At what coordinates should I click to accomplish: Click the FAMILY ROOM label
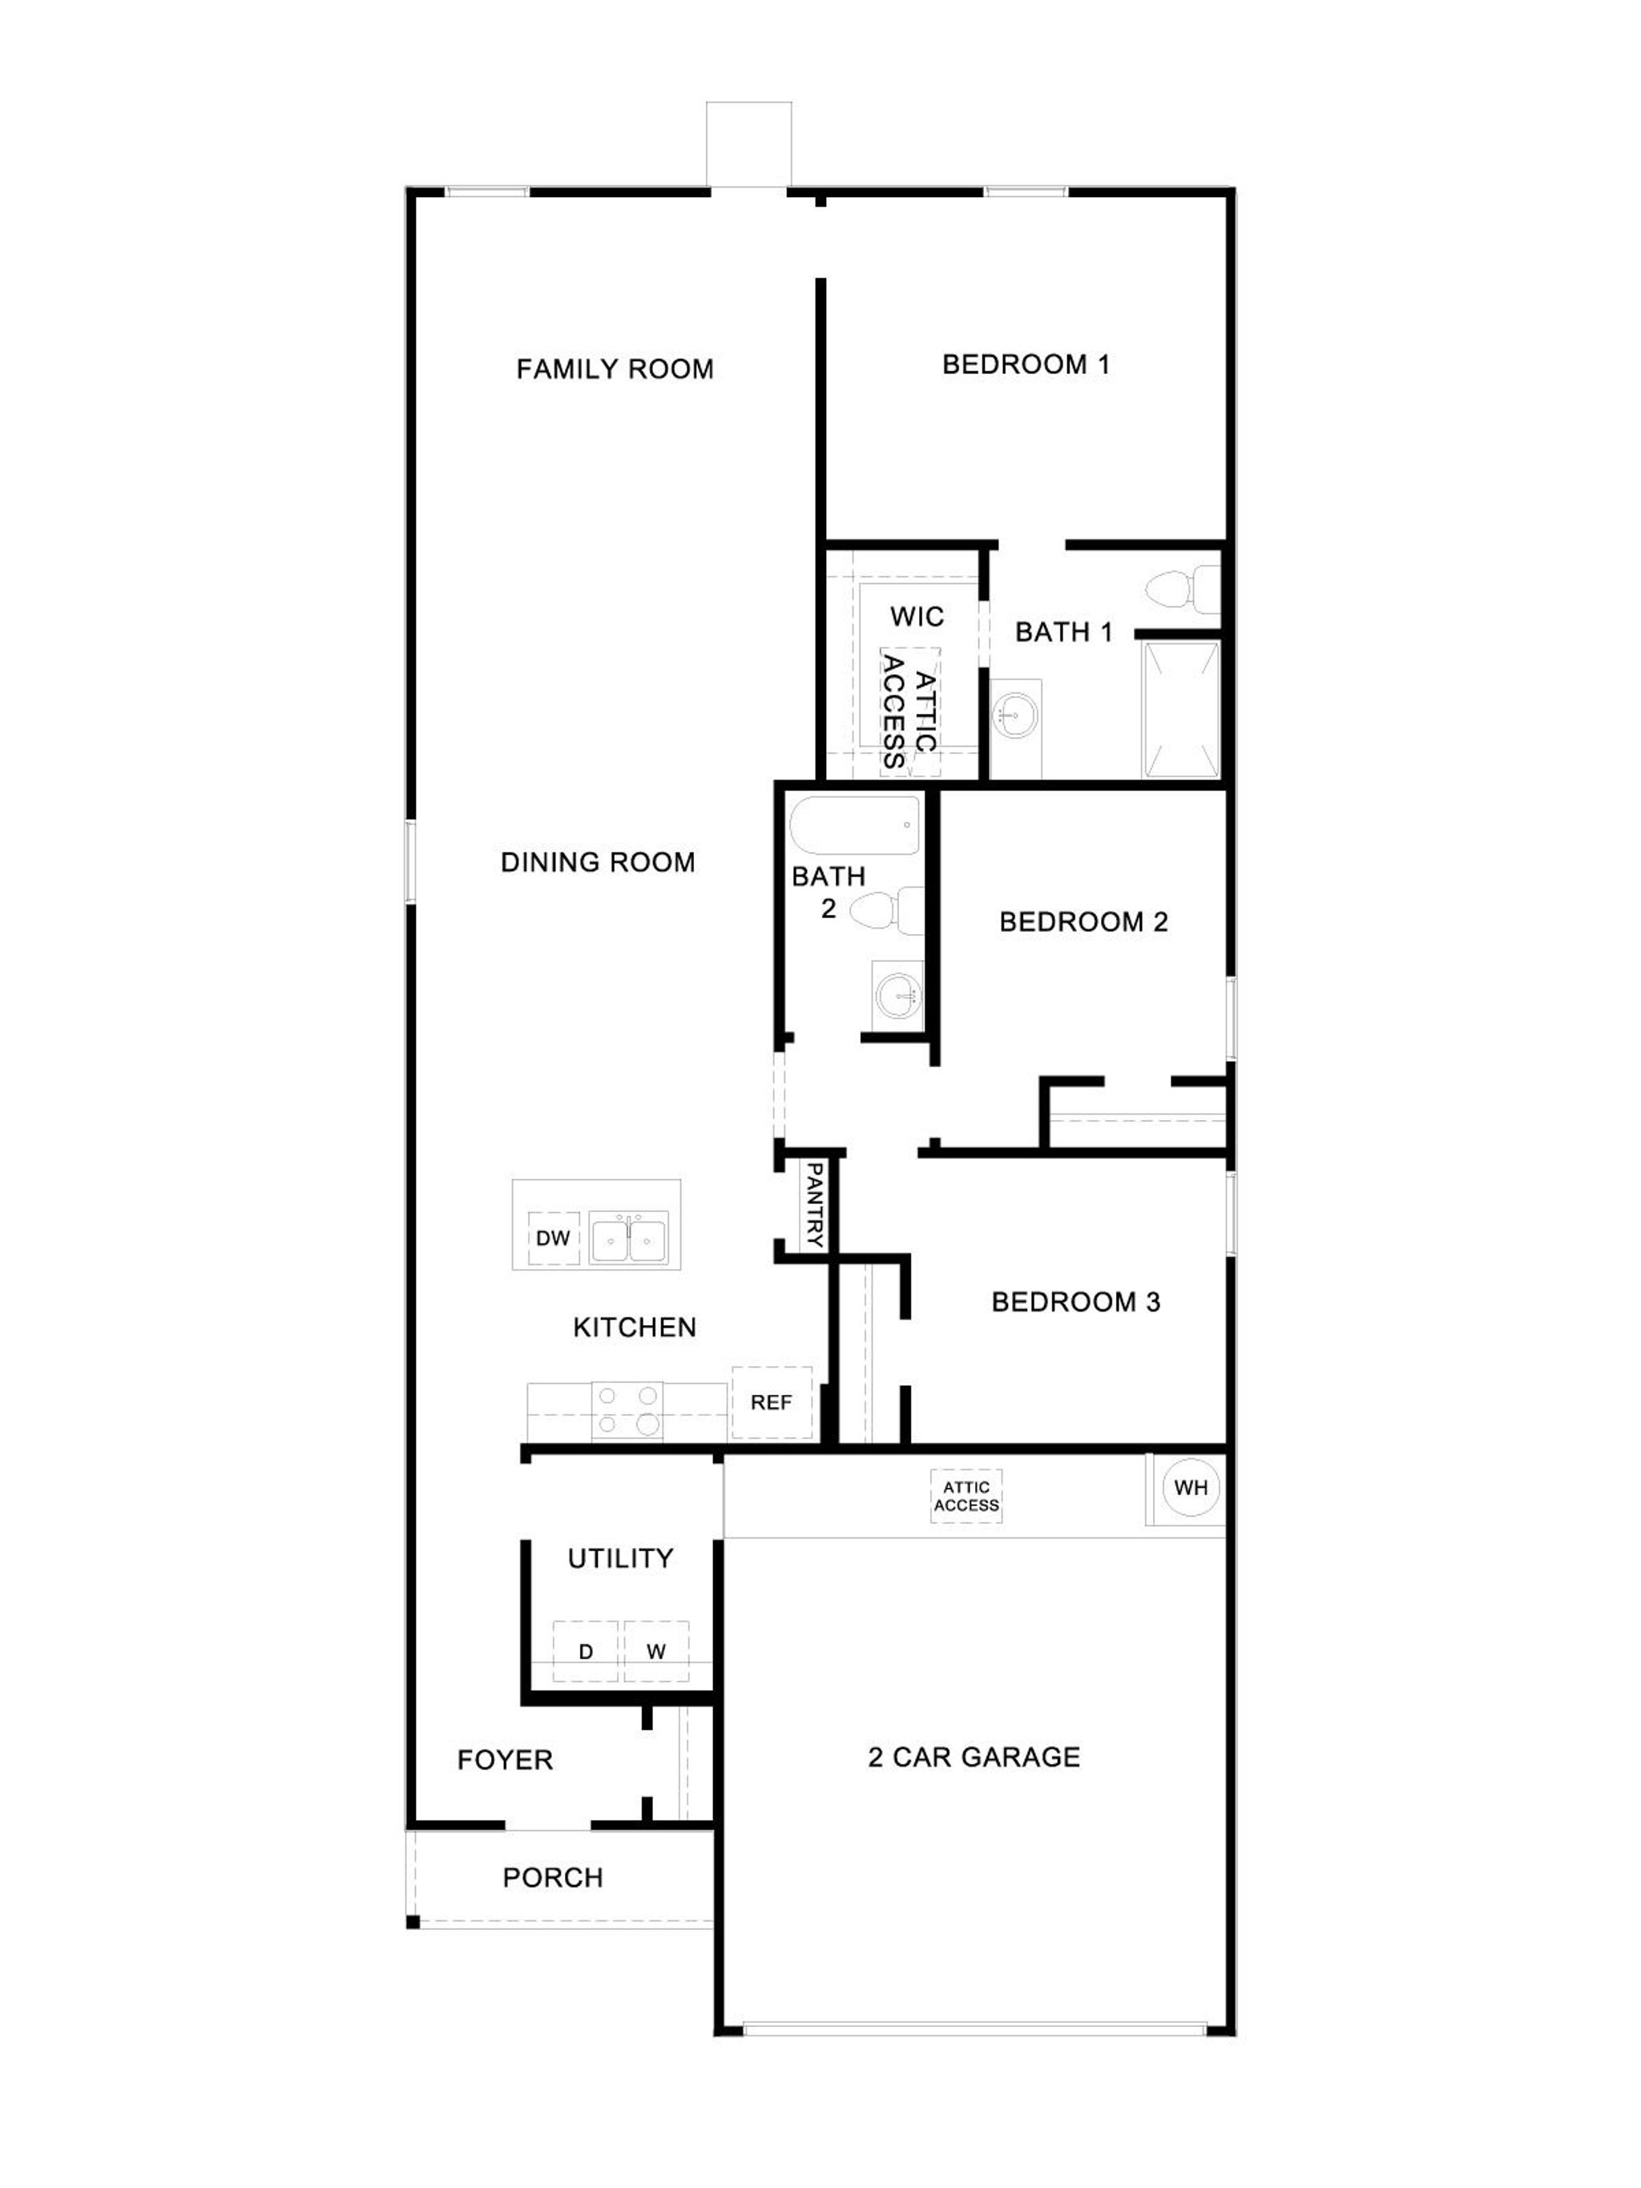(615, 369)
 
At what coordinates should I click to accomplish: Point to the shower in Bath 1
(1181, 709)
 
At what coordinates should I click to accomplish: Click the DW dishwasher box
(553, 1238)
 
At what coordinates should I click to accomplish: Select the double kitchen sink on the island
(628, 1238)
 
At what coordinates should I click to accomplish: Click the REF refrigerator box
(772, 1403)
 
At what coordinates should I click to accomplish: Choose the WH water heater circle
(1190, 1487)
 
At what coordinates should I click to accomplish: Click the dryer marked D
(586, 1651)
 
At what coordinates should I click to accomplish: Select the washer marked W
(655, 1651)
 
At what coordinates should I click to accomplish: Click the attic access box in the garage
(966, 1497)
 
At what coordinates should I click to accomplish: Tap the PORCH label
(552, 1877)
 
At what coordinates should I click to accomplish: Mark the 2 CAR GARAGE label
(974, 1757)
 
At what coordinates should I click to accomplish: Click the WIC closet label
(916, 617)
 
